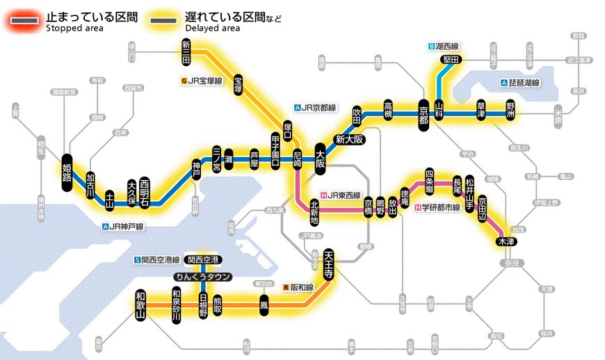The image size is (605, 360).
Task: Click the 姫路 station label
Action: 67,168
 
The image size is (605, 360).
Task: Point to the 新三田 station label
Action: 186,54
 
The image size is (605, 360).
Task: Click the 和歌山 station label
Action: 142,306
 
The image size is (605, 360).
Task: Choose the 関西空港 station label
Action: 203,259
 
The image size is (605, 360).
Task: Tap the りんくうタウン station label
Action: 203,276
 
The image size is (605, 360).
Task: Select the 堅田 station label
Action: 450,60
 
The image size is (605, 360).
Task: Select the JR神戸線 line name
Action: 126,226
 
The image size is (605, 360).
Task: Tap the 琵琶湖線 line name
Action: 524,83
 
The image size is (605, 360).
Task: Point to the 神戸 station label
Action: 197,168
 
